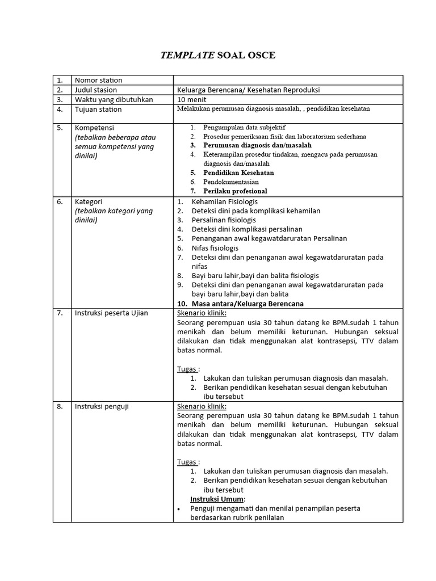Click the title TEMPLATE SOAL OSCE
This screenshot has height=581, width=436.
tap(218, 55)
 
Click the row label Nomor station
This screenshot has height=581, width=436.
tap(98, 80)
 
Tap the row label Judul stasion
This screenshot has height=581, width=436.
tap(96, 90)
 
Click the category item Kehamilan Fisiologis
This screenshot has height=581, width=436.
tap(225, 201)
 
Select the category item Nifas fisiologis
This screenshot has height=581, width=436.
tap(215, 248)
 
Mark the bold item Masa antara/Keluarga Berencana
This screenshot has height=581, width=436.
tap(248, 304)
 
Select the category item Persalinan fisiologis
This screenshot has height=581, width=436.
tap(224, 220)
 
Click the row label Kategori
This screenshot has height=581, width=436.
tap(89, 201)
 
